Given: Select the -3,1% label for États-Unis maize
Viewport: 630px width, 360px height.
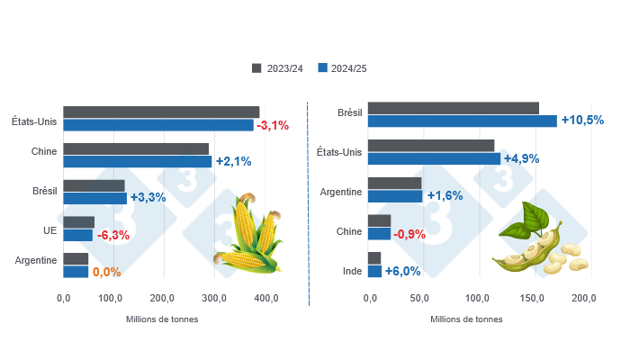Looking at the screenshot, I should [x=273, y=125].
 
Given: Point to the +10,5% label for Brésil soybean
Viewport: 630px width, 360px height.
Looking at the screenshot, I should [x=582, y=121].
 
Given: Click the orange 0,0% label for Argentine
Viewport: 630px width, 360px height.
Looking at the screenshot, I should [x=106, y=272].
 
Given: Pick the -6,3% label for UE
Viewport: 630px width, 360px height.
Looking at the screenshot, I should [x=112, y=235].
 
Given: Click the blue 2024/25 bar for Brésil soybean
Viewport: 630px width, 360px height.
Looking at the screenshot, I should [x=463, y=121].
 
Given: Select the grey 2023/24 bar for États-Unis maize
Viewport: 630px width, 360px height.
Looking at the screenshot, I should [x=161, y=112].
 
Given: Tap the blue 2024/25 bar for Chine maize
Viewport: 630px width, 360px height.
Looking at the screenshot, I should [x=137, y=162].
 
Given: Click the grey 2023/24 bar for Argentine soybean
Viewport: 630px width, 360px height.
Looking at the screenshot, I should [x=395, y=183].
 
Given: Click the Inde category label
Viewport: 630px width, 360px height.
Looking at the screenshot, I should [x=353, y=271].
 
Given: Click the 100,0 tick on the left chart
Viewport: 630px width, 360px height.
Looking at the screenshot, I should [x=112, y=298].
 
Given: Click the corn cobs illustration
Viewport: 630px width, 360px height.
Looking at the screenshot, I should [x=249, y=237].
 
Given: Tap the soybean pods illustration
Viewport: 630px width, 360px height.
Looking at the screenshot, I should [x=537, y=241].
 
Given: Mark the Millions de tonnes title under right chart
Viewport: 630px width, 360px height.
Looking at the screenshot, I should [x=466, y=319].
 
